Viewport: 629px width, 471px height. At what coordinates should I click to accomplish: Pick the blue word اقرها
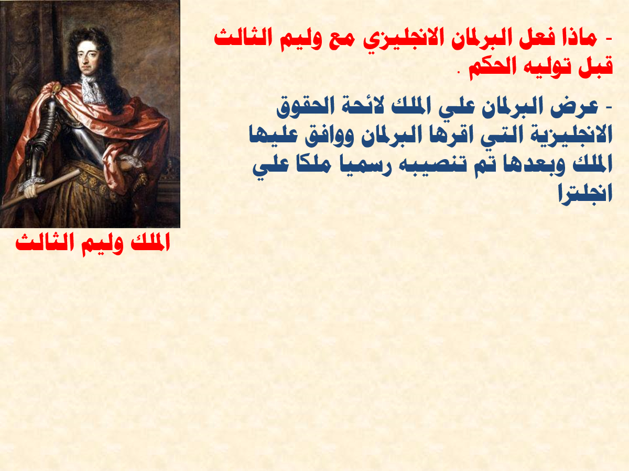point(443,134)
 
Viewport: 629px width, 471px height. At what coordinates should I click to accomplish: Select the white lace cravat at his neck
point(92,88)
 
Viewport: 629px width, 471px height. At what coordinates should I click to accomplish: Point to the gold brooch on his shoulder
point(56,87)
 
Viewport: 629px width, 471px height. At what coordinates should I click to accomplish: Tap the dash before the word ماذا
point(609,39)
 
